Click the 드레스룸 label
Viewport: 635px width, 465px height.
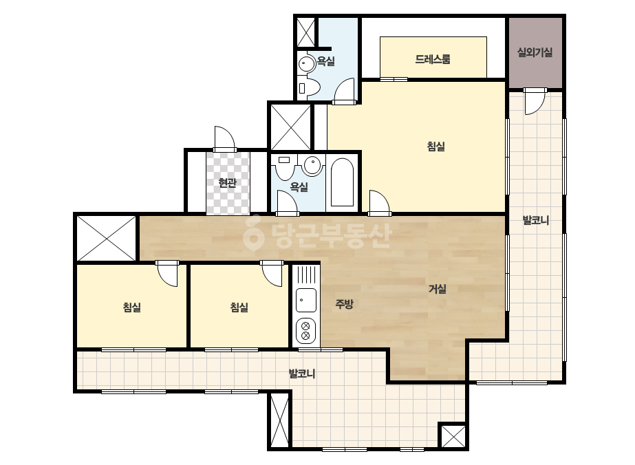coord(433,60)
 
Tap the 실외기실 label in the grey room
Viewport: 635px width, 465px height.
coord(535,52)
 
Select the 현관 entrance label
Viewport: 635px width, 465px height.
coord(227,183)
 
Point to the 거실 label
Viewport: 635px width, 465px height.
coord(438,289)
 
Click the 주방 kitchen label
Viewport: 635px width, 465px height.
coord(344,304)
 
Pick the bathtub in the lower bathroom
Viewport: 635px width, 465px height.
coord(342,182)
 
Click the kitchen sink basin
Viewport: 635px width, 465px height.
coord(305,300)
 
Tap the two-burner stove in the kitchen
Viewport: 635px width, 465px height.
coord(305,330)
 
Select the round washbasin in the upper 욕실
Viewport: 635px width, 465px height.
coord(306,64)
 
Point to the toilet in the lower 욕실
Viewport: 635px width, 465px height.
coord(285,167)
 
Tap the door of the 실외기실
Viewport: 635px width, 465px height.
coord(535,101)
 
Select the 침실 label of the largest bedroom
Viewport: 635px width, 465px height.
coord(435,147)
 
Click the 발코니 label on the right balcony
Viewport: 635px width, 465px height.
coord(535,220)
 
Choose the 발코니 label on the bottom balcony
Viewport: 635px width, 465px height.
coord(302,374)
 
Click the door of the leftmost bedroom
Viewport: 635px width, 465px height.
coord(167,273)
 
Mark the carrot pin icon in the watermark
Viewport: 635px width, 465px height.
coord(253,233)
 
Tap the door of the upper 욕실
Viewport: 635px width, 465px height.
coord(344,91)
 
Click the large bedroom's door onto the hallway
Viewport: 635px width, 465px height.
coord(380,202)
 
